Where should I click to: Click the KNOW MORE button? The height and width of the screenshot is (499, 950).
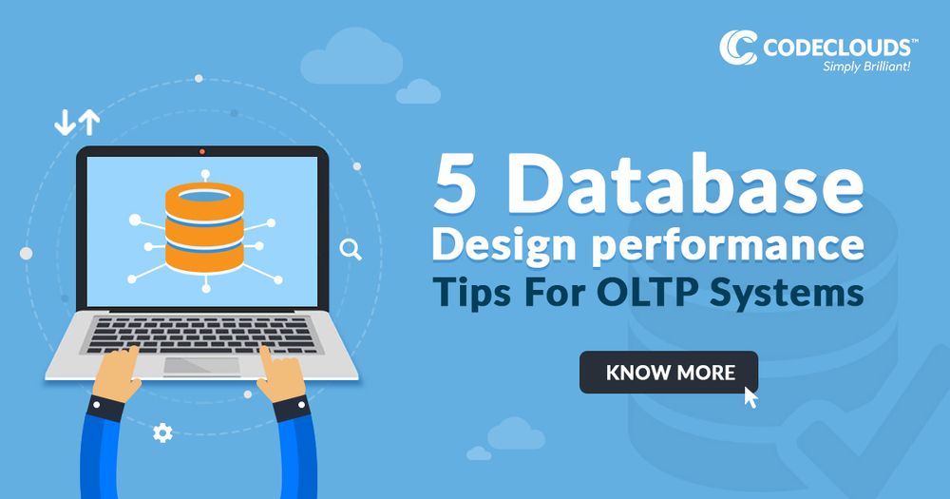click(x=669, y=372)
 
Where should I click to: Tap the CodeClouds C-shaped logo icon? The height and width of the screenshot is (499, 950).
click(x=737, y=48)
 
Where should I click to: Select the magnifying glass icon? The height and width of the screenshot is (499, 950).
click(x=351, y=250)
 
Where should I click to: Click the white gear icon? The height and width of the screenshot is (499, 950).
click(x=162, y=433)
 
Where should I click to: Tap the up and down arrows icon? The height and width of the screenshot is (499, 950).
click(x=77, y=122)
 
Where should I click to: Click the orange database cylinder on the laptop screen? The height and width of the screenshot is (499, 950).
click(x=203, y=225)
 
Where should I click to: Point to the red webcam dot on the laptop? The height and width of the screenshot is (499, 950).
click(x=202, y=151)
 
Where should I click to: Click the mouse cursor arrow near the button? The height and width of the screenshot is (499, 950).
click(x=751, y=396)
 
